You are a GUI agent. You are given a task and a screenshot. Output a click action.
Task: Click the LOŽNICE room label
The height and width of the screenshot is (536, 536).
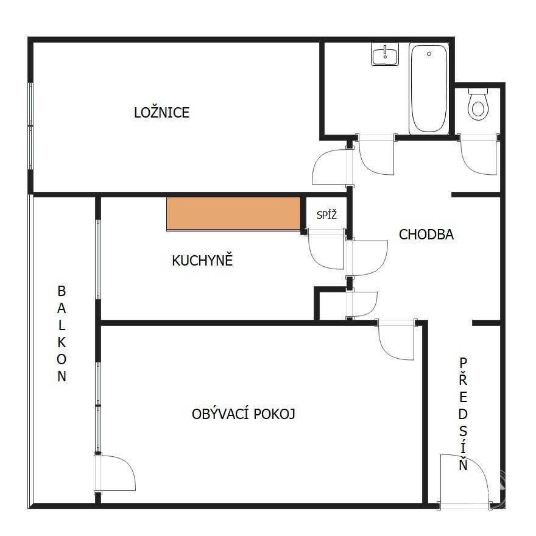[161, 113]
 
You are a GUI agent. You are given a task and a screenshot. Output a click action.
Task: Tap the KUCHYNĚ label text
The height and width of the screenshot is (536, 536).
[202, 260]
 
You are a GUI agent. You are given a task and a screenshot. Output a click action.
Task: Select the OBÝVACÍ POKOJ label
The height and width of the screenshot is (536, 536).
[243, 414]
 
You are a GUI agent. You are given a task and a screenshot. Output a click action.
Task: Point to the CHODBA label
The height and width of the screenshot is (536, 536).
[426, 234]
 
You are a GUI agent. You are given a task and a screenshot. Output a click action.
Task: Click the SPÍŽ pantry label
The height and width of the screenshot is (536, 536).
[326, 214]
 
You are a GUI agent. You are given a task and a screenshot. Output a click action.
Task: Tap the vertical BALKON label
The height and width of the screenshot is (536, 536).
[62, 334]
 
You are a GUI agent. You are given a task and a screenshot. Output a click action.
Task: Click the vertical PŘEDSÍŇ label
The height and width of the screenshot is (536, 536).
[463, 414]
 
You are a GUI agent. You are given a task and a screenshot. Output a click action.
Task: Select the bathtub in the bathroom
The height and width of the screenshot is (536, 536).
[429, 89]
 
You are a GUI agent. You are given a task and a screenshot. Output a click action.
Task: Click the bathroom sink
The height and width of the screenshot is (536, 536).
[385, 54]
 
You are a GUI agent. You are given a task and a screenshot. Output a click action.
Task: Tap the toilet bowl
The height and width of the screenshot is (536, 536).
[478, 108]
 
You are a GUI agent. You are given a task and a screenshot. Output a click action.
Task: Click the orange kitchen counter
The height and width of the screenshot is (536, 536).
[233, 214]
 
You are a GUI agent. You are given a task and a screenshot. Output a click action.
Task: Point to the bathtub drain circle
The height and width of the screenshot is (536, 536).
[429, 54]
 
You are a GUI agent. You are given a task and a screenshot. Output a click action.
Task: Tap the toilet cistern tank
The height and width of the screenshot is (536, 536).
[478, 91]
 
